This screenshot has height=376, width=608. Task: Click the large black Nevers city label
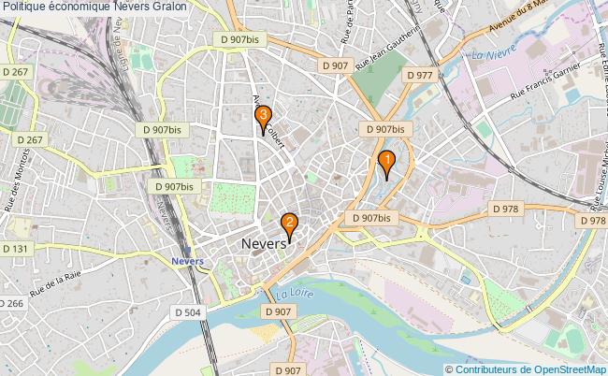pos(264,243)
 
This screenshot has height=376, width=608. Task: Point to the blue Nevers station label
pos(188,262)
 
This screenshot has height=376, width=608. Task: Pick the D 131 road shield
pos(16,249)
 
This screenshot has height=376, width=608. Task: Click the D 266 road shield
pos(12,303)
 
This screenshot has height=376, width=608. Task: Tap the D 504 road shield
pos(187,312)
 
